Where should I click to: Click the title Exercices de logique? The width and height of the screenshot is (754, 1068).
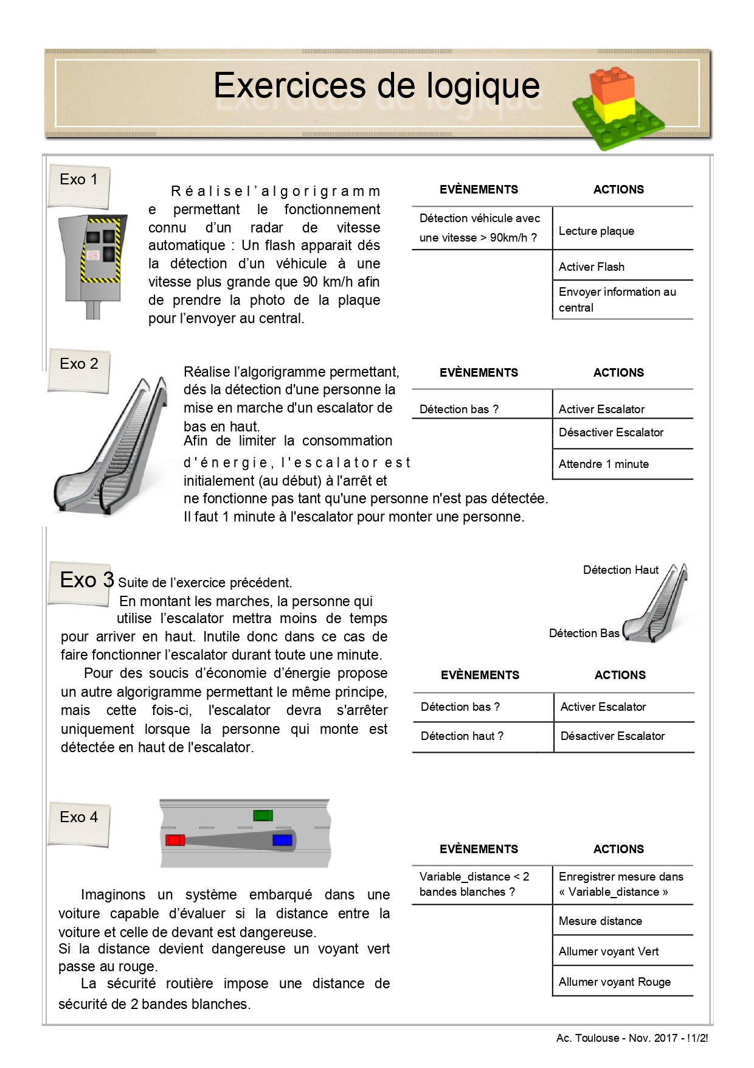point(376,86)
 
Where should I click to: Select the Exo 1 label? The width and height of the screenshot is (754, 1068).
point(78,180)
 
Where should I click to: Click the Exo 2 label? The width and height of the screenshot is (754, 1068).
point(78,364)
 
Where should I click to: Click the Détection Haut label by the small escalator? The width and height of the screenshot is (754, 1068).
point(620,570)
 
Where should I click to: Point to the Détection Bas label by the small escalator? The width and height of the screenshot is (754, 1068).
point(584,633)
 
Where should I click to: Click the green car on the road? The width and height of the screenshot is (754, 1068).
point(263,815)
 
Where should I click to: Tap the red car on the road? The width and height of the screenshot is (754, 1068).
point(175,840)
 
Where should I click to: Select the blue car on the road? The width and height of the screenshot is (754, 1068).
point(283,840)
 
